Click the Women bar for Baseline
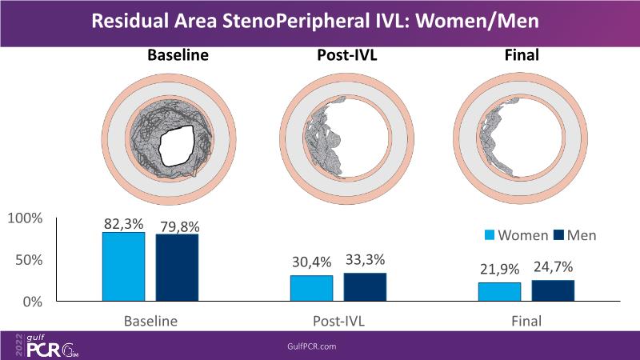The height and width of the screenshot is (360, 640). [x=123, y=266]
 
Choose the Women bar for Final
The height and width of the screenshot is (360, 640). [x=500, y=292]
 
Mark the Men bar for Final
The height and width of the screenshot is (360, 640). [x=553, y=290]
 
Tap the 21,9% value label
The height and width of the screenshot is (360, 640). [x=500, y=268]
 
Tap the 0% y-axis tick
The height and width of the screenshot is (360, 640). [x=33, y=302]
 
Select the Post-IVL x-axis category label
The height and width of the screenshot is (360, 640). [x=338, y=322]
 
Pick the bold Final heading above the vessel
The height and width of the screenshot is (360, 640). [x=523, y=56]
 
